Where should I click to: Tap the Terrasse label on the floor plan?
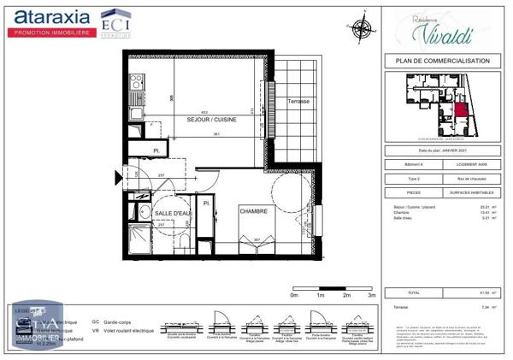pos(298,101)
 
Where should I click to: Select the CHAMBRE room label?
pos(254,210)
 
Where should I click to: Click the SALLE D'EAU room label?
pos(160,212)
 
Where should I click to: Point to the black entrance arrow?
pos(118,178)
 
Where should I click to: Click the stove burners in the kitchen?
pos(135,84)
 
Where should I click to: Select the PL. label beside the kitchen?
pos(156,151)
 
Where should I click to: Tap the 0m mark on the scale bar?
pos(293,294)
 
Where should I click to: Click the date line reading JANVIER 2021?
pos(437,150)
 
